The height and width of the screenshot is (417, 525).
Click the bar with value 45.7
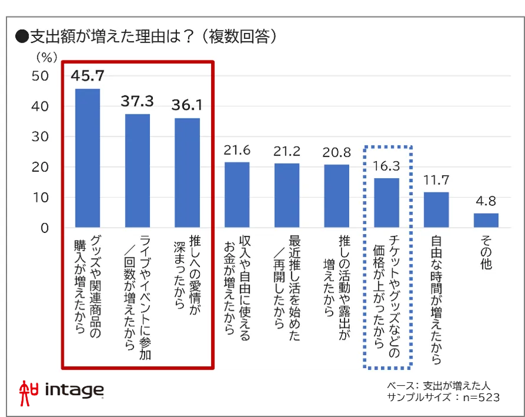pyautogui.click(x=87, y=158)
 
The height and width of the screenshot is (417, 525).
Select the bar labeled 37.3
pyautogui.click(x=137, y=170)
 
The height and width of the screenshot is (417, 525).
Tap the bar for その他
pyautogui.click(x=486, y=220)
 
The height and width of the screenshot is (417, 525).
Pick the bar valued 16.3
pyautogui.click(x=386, y=203)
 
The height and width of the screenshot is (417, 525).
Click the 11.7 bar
pyautogui.click(x=437, y=210)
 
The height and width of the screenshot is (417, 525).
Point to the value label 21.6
pyautogui.click(x=237, y=150)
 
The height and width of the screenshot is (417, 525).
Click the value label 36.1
pyautogui.click(x=187, y=105)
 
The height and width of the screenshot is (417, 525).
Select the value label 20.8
pyautogui.click(x=336, y=153)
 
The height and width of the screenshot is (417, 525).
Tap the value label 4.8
pyautogui.click(x=486, y=201)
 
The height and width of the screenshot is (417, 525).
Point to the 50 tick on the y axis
pyautogui.click(x=40, y=76)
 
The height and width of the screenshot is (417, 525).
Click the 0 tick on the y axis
pyautogui.click(x=44, y=228)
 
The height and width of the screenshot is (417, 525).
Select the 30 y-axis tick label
pyautogui.click(x=40, y=137)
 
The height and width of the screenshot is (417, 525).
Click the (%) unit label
pyautogui.click(x=47, y=58)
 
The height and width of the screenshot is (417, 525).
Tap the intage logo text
pyautogui.click(x=74, y=390)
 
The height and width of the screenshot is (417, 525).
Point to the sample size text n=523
pyautogui.click(x=481, y=398)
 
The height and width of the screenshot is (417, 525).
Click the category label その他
pyautogui.click(x=486, y=252)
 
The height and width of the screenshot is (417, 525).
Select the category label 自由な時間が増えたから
pyautogui.click(x=437, y=300)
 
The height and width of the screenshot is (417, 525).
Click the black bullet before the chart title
pyautogui.click(x=22, y=37)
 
